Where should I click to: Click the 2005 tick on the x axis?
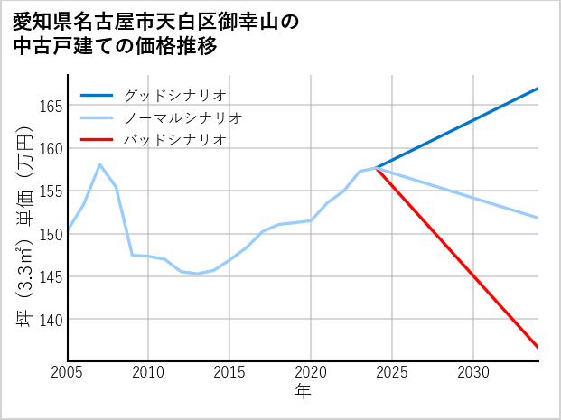68,372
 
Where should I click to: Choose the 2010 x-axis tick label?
149,372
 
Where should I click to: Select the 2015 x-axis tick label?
229,372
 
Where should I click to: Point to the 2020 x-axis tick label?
311,372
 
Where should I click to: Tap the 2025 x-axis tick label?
392,372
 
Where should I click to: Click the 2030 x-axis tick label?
473,372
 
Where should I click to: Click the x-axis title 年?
304,391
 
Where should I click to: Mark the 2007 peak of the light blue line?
99,164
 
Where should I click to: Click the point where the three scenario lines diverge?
376,168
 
